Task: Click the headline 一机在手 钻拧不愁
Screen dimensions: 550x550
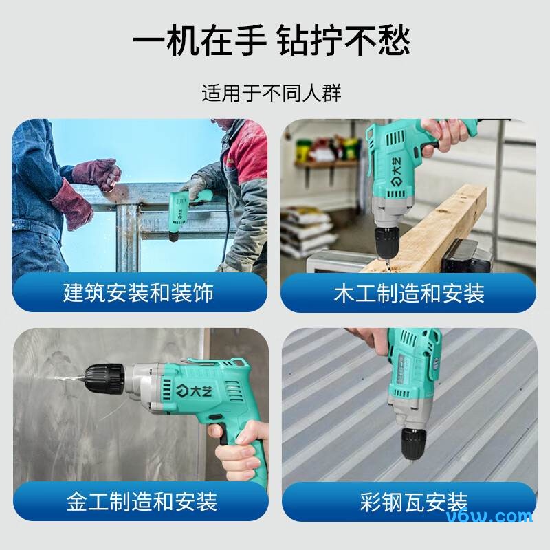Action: point(271,40)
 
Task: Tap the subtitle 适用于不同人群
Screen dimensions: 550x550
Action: point(271,93)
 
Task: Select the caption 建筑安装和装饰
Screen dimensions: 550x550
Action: point(139,293)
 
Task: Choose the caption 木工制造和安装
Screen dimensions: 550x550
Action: point(409,294)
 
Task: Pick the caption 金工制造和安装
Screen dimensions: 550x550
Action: point(142,502)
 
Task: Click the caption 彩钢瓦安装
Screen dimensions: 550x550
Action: point(414,503)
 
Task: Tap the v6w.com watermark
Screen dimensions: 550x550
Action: point(489,517)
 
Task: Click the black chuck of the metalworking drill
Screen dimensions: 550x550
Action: point(104,379)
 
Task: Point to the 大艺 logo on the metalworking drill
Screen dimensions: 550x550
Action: point(194,390)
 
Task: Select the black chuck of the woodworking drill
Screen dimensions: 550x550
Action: point(386,242)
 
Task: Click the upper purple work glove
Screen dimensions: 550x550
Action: point(97,174)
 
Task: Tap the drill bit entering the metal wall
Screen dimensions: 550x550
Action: point(66,379)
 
